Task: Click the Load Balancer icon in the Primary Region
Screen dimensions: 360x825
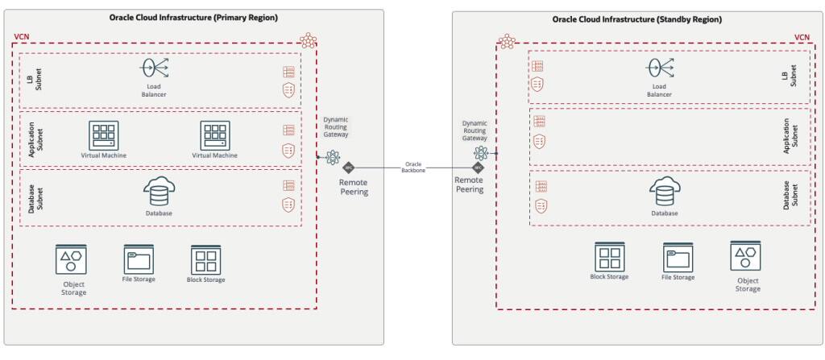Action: tap(155, 68)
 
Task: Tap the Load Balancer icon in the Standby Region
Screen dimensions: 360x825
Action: tap(660, 67)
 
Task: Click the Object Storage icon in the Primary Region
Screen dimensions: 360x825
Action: tap(70, 261)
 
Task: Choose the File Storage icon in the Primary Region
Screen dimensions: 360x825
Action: tap(139, 260)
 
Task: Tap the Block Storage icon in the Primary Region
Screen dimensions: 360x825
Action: tap(205, 260)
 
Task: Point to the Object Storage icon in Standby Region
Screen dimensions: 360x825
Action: tap(746, 257)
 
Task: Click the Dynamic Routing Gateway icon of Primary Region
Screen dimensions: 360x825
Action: tap(332, 157)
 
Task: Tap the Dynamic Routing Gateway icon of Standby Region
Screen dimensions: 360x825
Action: tap(481, 153)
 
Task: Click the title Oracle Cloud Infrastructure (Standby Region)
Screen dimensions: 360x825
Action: tap(637, 19)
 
